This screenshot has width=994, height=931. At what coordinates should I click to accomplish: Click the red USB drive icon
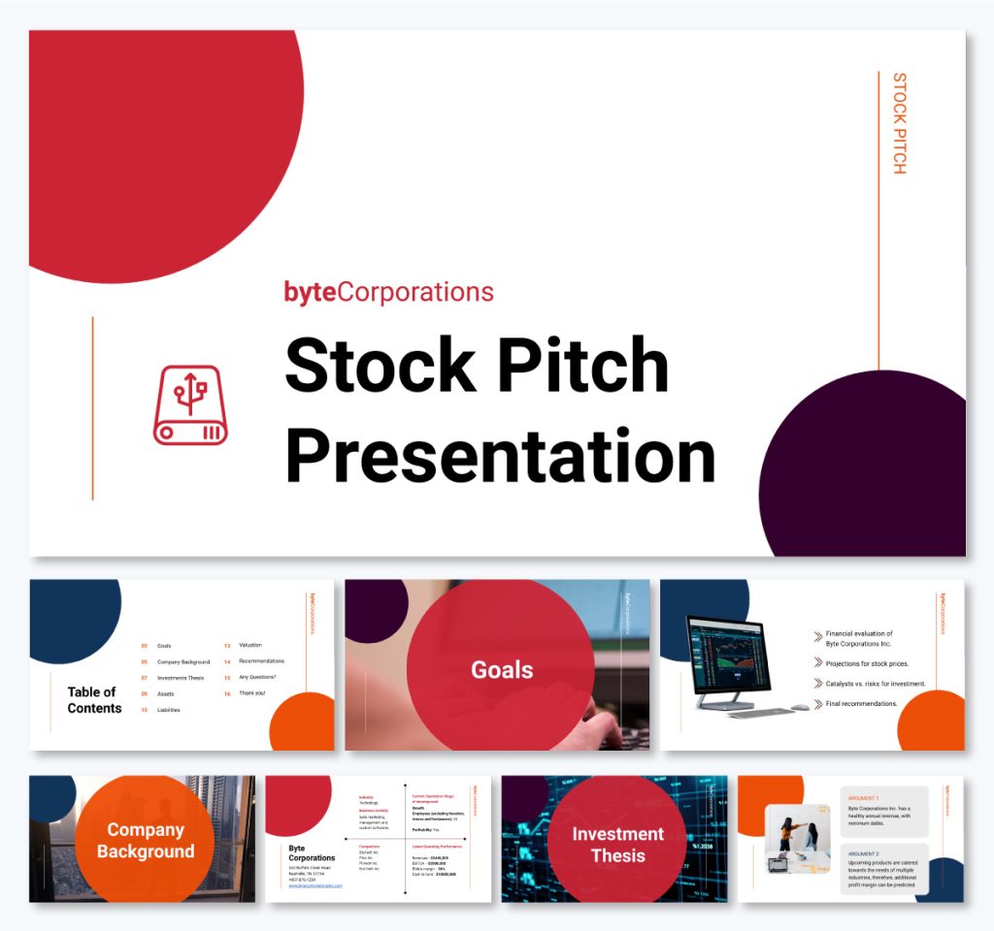tap(190, 404)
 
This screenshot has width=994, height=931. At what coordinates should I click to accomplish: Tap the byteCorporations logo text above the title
tap(388, 292)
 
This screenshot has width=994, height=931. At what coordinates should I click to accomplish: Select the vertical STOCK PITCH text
tap(899, 123)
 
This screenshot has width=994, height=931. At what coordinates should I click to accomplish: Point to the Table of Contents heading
tap(94, 700)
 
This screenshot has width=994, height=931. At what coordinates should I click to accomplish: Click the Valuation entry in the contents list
tap(250, 645)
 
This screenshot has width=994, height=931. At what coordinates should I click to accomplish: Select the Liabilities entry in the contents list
tap(169, 710)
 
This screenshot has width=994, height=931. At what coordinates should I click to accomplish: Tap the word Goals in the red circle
tap(502, 669)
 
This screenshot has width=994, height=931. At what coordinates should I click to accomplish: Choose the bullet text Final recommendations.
tap(862, 703)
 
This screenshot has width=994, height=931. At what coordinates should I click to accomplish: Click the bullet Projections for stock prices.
tap(867, 664)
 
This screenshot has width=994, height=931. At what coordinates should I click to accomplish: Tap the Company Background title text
tap(146, 841)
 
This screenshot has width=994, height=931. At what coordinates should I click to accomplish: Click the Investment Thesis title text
tap(617, 844)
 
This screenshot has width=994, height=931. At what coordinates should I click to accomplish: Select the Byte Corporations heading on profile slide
tap(312, 852)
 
